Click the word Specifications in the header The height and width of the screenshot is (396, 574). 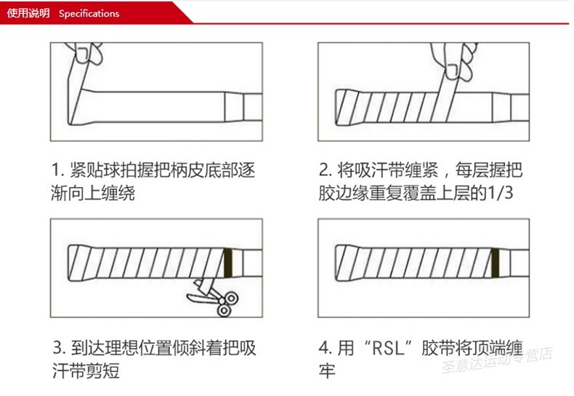(89, 13)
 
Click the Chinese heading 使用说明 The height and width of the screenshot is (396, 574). (29, 13)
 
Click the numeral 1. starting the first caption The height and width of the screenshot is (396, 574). (58, 171)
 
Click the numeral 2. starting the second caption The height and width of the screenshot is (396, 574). (326, 171)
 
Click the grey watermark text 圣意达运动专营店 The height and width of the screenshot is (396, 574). (498, 360)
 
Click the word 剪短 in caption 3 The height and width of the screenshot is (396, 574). (107, 371)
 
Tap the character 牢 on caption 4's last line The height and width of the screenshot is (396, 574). (328, 371)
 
